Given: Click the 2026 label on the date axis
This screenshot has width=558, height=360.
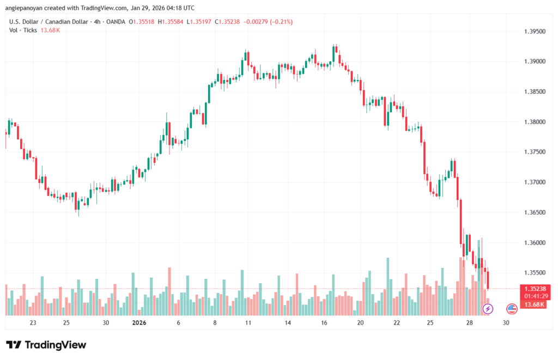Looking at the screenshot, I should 140,322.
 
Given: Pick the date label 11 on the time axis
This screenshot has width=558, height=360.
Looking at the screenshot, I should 248,322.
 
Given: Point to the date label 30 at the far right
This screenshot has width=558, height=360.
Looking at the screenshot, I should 506,322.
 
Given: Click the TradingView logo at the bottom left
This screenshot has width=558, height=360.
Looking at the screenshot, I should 46,345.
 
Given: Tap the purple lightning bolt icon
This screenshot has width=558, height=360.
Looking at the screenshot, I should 488,309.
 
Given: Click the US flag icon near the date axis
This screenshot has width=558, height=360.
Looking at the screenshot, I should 512,309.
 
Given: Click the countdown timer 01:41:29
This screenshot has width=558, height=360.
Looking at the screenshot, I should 535,296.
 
